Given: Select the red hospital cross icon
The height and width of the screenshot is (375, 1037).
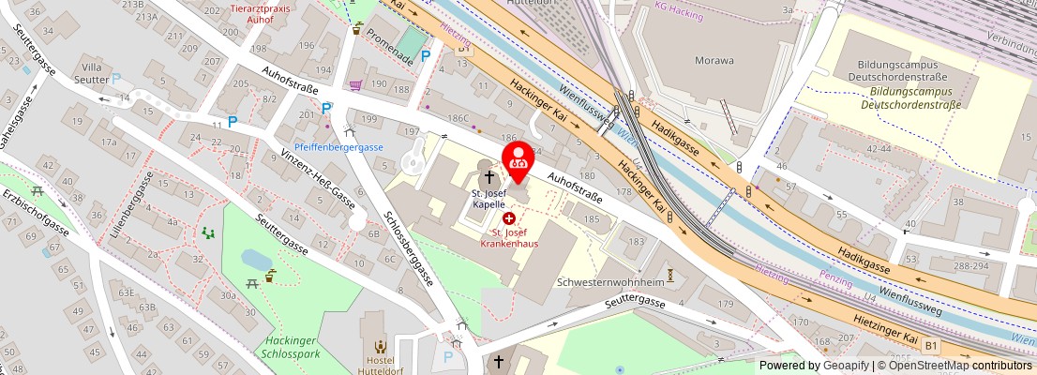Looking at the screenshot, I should coord(509,217).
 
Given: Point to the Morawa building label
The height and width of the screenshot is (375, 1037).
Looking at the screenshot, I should coord(714,59).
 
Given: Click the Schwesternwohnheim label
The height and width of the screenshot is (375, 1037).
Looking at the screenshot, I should coord(610,281).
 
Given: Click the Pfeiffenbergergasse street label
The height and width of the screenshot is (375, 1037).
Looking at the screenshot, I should coord(338,147).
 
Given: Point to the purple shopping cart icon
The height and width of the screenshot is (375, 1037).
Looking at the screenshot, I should coord(355,85).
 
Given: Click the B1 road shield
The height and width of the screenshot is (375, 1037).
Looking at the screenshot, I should coord(930,346).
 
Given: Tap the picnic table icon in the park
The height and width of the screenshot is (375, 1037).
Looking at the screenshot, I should coord(251,283).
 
